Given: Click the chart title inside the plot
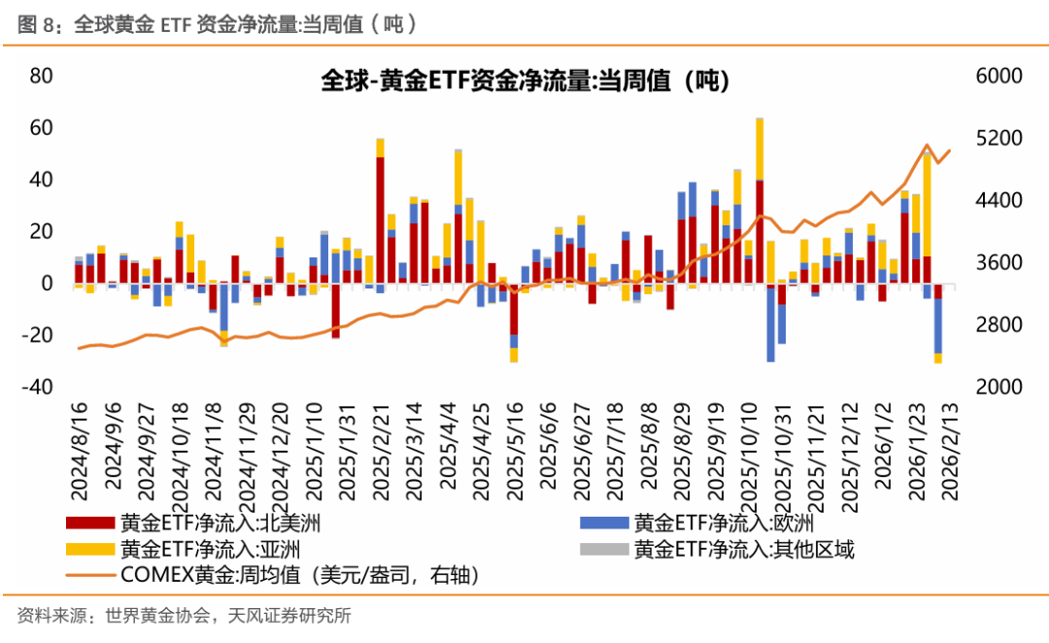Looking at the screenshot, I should [x=524, y=82].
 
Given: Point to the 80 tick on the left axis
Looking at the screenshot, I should [x=40, y=77].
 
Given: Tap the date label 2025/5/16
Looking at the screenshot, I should [x=514, y=448].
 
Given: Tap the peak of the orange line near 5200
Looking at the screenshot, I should [x=927, y=145].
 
